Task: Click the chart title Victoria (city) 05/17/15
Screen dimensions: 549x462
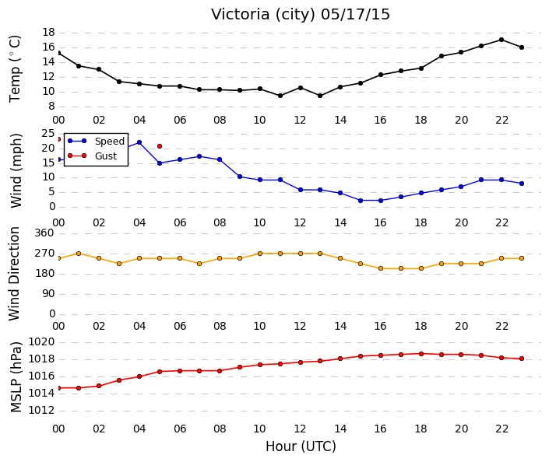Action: point(300,14)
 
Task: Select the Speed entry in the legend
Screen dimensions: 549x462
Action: point(96,141)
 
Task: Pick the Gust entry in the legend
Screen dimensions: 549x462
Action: point(92,156)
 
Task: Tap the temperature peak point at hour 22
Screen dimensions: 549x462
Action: point(501,40)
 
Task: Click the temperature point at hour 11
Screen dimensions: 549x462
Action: point(280,96)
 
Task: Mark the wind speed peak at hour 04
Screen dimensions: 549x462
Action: point(139,142)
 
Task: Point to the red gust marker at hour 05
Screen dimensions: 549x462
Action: point(160,146)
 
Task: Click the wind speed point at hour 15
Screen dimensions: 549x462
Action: point(361,201)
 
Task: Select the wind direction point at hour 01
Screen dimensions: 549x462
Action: point(79,254)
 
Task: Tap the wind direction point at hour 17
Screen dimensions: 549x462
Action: point(401,268)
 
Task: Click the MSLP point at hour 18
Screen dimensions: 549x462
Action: point(421,354)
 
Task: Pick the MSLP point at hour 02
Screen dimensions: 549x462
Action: point(99,386)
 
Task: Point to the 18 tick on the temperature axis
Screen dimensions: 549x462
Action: point(48,33)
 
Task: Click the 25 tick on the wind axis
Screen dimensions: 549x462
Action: point(48,133)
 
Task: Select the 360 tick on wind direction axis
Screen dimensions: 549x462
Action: point(44,233)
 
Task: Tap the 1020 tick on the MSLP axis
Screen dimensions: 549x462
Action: point(41,341)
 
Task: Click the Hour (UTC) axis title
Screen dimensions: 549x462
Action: point(301,446)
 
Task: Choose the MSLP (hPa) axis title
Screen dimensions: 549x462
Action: point(16,377)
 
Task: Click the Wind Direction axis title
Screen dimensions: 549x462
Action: point(15,274)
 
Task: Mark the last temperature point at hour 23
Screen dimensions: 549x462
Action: point(522,47)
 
